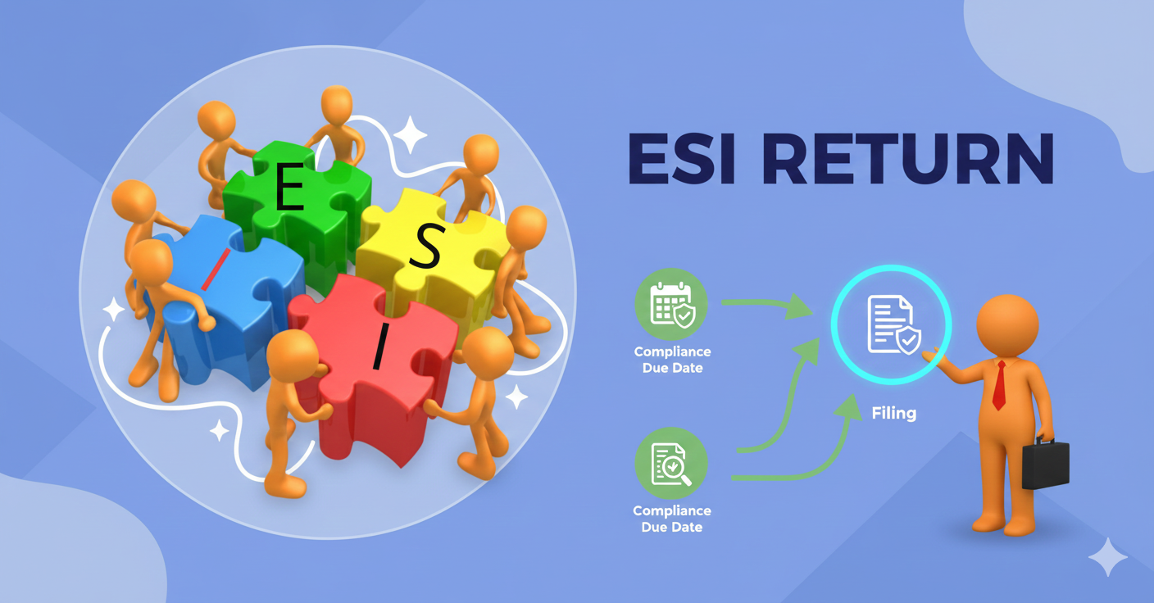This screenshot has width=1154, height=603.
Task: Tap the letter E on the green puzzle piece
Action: [x=288, y=191]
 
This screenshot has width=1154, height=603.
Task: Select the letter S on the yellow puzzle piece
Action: [x=426, y=247]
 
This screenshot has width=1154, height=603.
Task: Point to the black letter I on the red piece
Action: [x=379, y=347]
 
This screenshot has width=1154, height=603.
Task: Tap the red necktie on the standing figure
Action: [x=999, y=385]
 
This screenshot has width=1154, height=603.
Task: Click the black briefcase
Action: [x=1045, y=463]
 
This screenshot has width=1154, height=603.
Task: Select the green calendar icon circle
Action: [x=671, y=305]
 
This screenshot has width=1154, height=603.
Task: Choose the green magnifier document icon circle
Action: [x=671, y=465]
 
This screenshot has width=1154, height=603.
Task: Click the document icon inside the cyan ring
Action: [x=893, y=325]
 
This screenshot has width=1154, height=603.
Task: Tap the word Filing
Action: [x=893, y=413]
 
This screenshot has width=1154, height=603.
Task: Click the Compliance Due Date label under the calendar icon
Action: [x=672, y=360]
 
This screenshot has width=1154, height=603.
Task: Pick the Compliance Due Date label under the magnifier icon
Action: [x=671, y=519]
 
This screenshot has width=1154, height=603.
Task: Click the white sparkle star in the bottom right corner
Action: [x=1107, y=558]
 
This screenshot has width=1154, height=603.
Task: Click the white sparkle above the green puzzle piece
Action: [x=409, y=134]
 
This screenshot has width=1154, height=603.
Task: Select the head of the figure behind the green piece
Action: [x=336, y=106]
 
